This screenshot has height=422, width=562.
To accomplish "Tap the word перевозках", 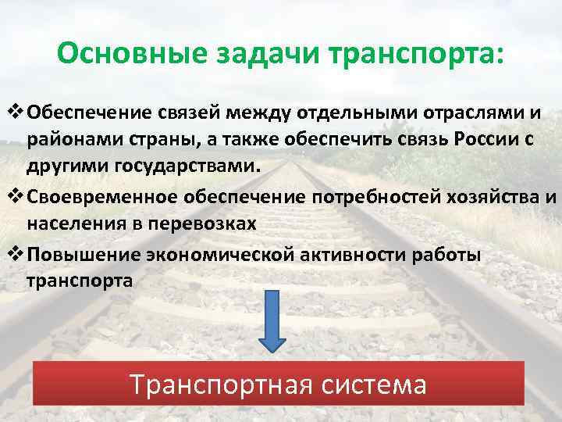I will (204, 224).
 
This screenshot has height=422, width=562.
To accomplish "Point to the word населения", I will (74, 224).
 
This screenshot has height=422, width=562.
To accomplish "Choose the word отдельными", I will (354, 113).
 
